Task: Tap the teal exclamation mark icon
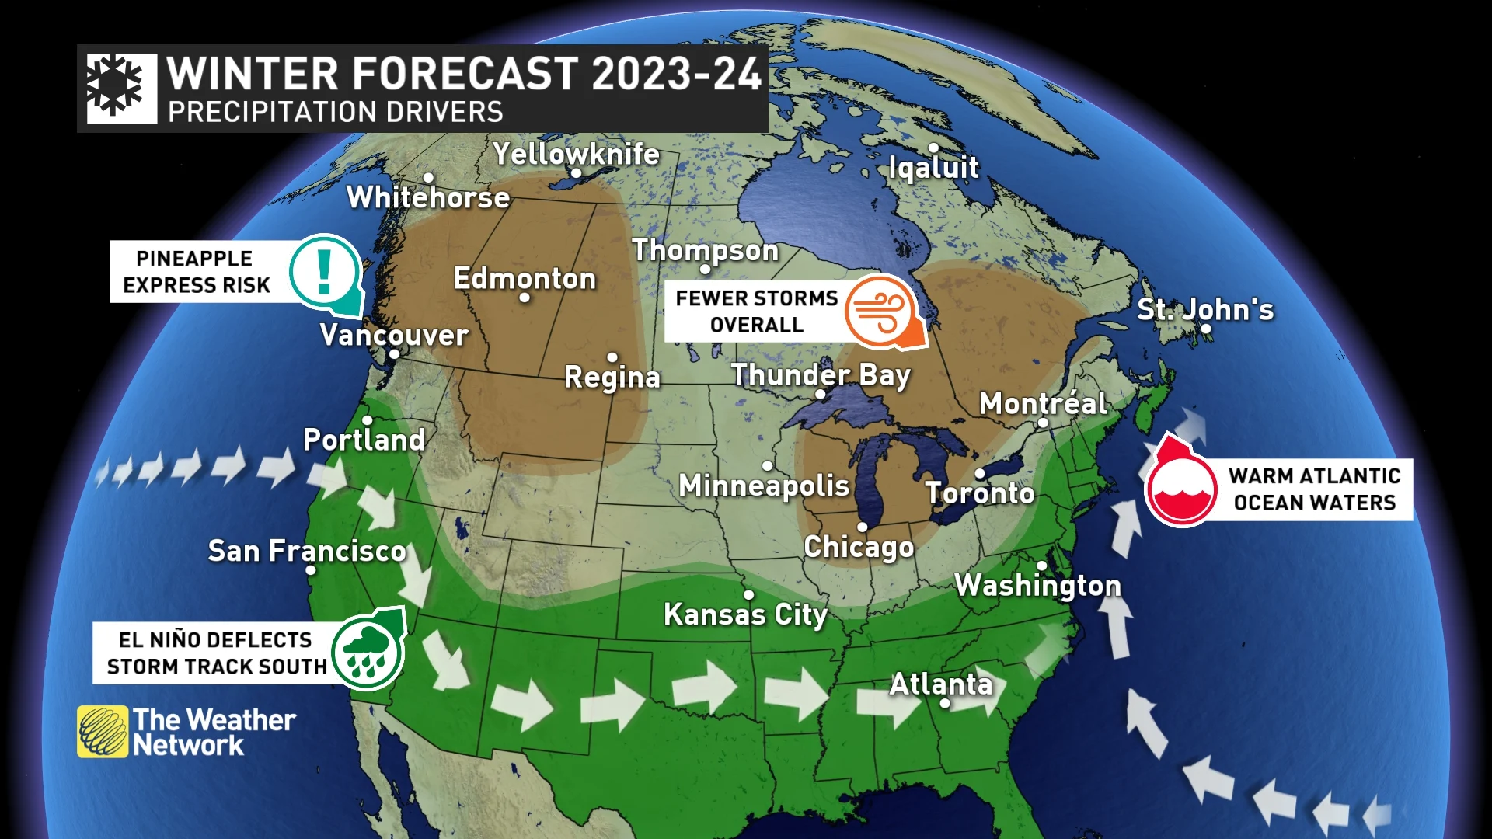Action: (x=325, y=271)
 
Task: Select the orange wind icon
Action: (x=880, y=312)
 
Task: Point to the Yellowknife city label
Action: (x=576, y=154)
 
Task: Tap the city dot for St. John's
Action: (x=1206, y=329)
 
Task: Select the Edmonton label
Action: (x=525, y=278)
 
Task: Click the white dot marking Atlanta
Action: (x=945, y=703)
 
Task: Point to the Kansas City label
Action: (x=745, y=614)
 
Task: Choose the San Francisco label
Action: (x=307, y=551)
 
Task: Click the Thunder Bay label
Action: (x=821, y=375)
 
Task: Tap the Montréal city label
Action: (x=1043, y=403)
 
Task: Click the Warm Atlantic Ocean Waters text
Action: (x=1315, y=489)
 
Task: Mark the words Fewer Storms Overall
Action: (x=755, y=312)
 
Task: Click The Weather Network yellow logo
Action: (x=103, y=731)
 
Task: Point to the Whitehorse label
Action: (x=428, y=197)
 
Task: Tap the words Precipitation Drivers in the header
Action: (x=336, y=112)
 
